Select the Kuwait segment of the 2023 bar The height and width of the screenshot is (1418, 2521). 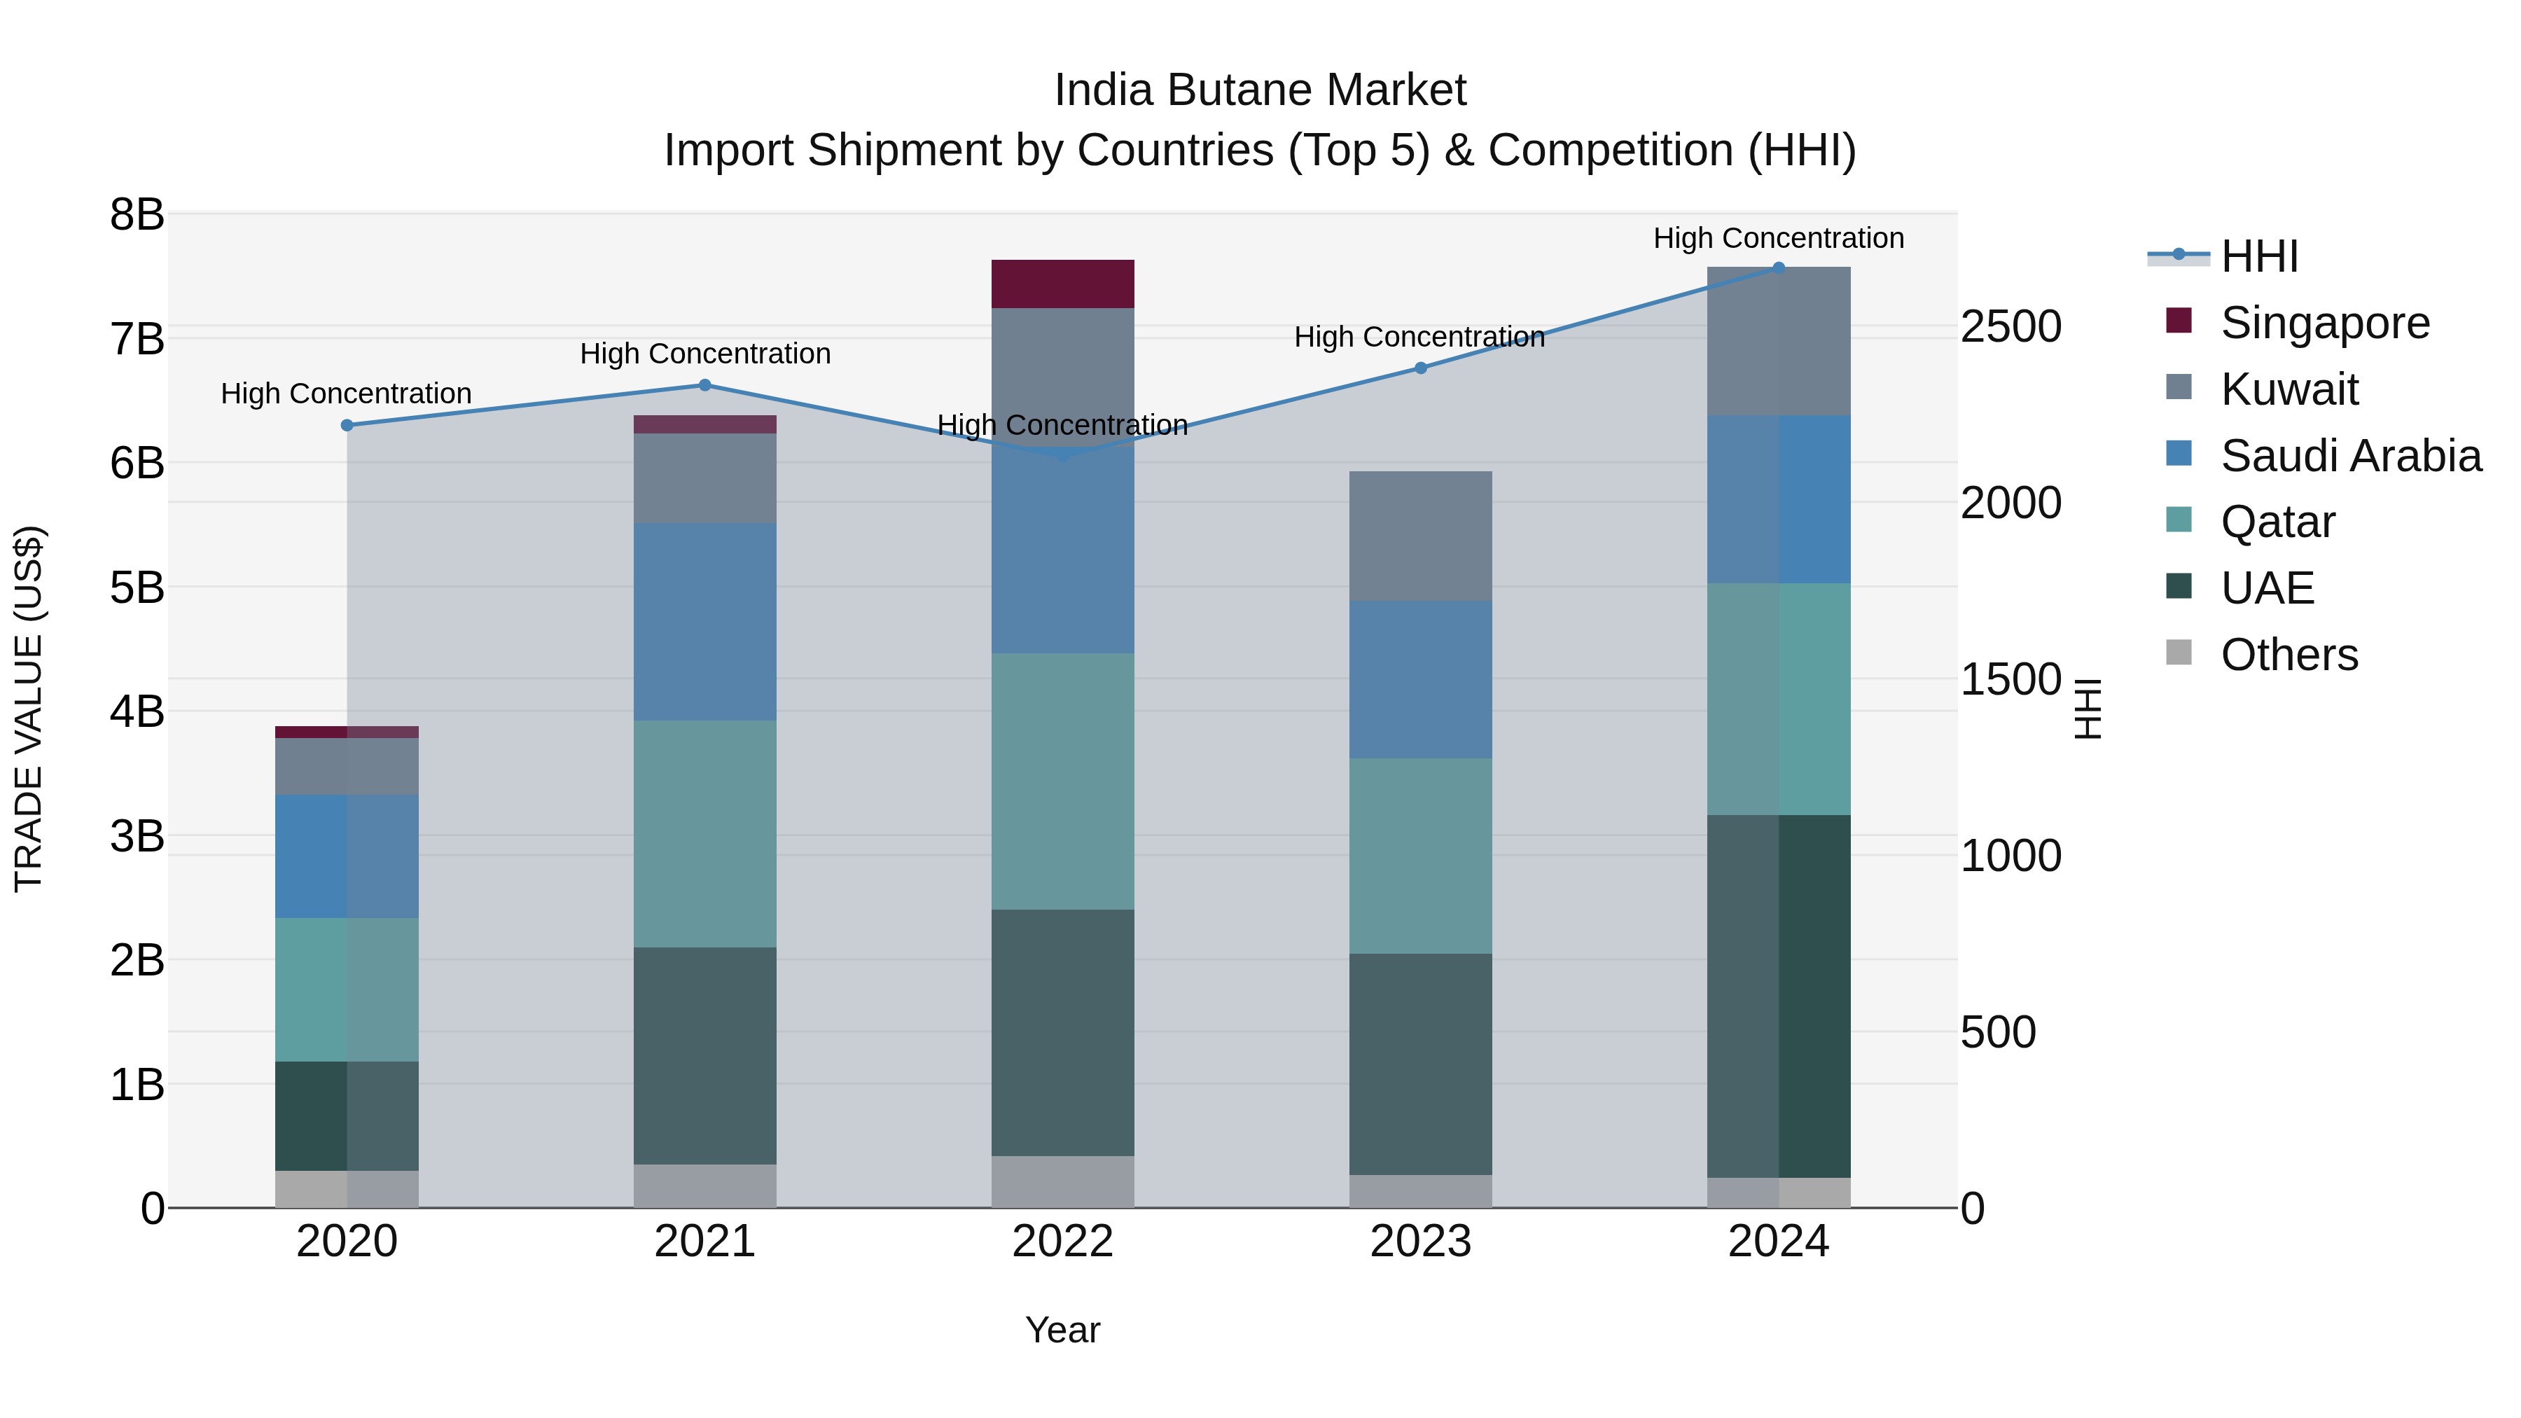1420,536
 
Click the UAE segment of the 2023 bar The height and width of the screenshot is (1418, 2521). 1420,1064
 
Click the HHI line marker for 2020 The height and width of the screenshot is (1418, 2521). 347,426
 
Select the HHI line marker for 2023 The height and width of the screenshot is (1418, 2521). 1421,368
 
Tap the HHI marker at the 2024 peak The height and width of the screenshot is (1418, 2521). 1778,267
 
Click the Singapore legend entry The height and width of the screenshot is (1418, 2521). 2324,323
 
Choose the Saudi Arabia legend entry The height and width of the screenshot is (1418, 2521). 2349,456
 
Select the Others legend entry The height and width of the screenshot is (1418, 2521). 2288,655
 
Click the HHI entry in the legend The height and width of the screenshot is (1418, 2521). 2258,256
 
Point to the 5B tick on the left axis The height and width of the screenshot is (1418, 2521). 137,588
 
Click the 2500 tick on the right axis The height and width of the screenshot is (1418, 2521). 2010,327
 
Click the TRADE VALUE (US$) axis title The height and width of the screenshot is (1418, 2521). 29,709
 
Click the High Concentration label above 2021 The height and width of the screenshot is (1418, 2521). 704,354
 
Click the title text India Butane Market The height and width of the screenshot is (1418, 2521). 1260,90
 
